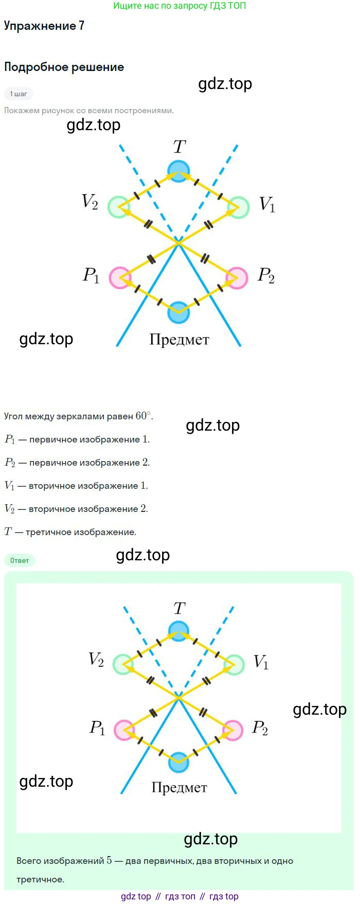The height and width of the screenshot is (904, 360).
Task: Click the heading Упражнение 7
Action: click(44, 26)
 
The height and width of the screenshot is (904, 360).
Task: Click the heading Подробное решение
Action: click(64, 67)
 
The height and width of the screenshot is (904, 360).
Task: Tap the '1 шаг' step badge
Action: click(19, 94)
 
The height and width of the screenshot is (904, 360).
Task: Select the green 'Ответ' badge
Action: click(20, 560)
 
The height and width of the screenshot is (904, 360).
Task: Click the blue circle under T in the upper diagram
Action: click(178, 171)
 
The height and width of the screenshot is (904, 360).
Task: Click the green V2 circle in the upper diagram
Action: click(119, 207)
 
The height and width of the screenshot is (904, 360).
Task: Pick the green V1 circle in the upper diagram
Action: click(238, 207)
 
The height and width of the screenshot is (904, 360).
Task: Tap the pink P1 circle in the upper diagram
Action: click(120, 278)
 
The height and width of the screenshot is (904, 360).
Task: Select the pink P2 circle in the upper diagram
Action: click(237, 278)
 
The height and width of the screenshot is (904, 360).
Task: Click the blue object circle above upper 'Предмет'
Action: click(178, 312)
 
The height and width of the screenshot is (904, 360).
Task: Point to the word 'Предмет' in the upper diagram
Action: click(179, 340)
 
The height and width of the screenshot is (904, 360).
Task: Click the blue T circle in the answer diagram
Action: click(178, 631)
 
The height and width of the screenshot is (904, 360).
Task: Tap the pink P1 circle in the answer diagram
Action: click(124, 730)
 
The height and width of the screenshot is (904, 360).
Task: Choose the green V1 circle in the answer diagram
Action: click(234, 665)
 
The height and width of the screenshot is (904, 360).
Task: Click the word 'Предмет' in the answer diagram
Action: click(179, 788)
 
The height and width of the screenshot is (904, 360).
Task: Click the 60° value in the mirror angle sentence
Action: click(143, 416)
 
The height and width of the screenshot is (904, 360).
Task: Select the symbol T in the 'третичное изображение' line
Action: click(8, 531)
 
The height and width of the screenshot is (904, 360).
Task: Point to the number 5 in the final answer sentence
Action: click(109, 860)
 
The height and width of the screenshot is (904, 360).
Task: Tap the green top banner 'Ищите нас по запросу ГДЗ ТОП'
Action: click(179, 6)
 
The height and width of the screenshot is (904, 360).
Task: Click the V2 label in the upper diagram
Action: click(90, 202)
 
